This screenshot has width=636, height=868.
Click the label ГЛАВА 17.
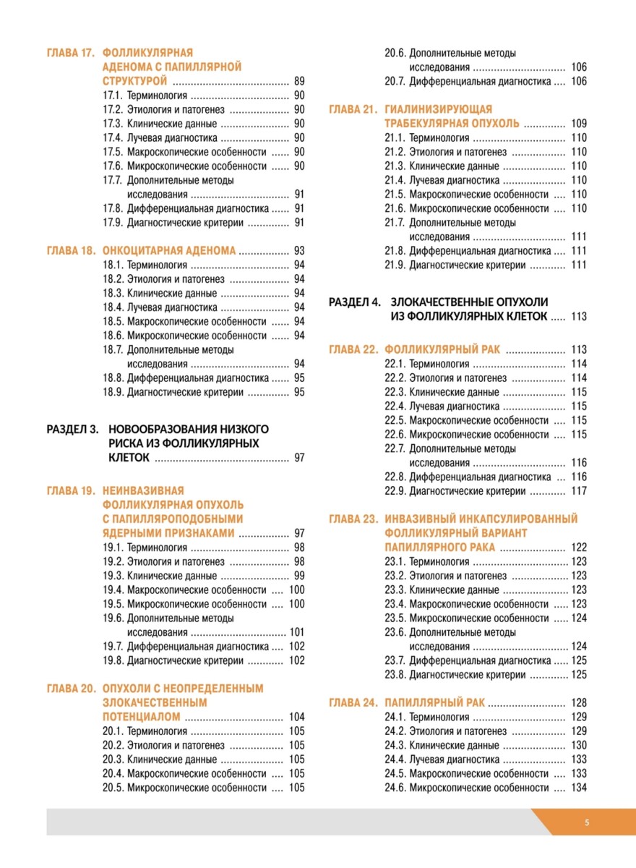71,53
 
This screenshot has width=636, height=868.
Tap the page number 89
299,81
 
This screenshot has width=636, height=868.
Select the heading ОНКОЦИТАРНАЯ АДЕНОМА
169,251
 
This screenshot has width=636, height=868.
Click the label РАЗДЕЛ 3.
72,429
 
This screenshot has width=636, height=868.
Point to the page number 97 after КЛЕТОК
299,458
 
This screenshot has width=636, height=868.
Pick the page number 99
299,576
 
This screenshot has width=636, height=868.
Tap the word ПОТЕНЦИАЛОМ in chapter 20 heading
142,717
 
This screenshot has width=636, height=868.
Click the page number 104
296,717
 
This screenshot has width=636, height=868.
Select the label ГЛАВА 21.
353,109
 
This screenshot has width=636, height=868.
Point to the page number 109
578,124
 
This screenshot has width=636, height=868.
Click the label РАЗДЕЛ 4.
354,302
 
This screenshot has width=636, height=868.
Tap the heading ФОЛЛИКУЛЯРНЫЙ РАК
443,349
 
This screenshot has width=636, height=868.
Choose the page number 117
578,491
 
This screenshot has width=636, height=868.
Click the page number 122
578,548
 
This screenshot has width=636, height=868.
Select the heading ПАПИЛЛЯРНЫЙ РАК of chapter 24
435,702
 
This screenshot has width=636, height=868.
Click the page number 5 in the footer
587,822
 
